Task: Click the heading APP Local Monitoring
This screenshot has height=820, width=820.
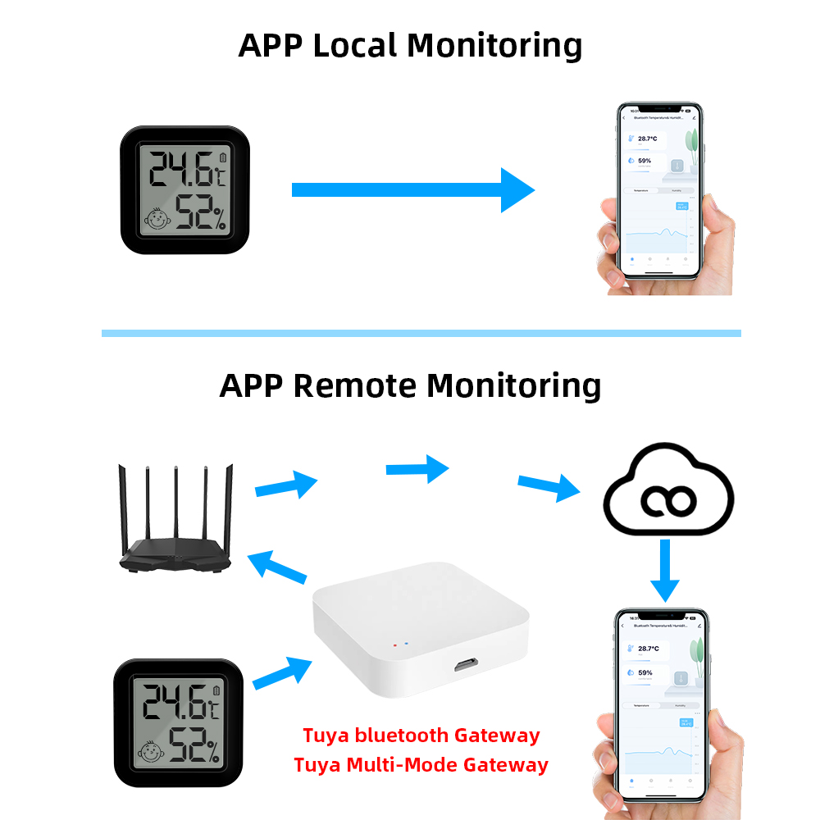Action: tap(410, 45)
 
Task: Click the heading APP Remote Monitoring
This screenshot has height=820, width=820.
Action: tap(410, 385)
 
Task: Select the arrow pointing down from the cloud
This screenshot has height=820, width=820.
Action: tap(665, 569)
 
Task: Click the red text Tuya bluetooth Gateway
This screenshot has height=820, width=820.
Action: tap(421, 735)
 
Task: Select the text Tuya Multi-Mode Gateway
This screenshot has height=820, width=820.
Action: tap(421, 765)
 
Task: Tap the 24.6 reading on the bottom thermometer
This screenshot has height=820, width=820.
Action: tap(174, 703)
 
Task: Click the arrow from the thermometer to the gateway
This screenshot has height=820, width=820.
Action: tap(282, 672)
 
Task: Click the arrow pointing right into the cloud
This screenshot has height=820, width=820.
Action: tap(549, 487)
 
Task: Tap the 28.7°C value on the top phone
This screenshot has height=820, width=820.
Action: tap(649, 139)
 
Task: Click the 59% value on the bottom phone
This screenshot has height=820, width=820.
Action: tap(645, 672)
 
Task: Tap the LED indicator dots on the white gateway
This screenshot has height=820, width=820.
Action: tap(401, 644)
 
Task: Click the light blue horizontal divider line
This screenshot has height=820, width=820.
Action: tap(421, 333)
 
